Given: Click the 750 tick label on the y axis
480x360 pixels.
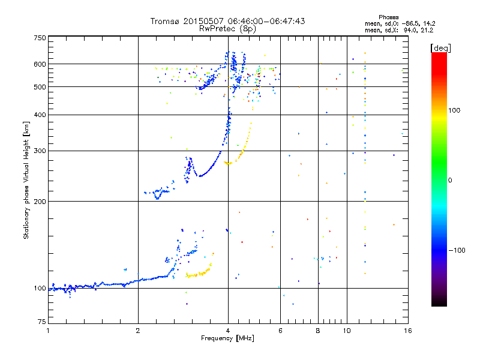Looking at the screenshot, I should [40, 37].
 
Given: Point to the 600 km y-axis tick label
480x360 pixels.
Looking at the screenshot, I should [40, 64].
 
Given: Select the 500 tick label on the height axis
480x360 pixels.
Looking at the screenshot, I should [40, 87].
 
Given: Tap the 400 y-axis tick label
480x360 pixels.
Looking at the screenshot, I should [40, 115].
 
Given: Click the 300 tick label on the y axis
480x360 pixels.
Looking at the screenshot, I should [40, 151].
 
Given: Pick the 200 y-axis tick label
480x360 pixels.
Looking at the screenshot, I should [40, 201].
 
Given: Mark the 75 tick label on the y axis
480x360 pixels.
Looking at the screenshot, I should [41, 322].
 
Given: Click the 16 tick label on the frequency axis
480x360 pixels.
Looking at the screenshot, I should [407, 331].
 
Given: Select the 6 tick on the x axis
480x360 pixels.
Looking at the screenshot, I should [280, 331].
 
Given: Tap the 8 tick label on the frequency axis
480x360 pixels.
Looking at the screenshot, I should [318, 331].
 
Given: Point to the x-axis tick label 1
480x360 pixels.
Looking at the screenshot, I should [48, 331].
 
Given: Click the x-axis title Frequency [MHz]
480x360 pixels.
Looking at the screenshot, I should [227, 339].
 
